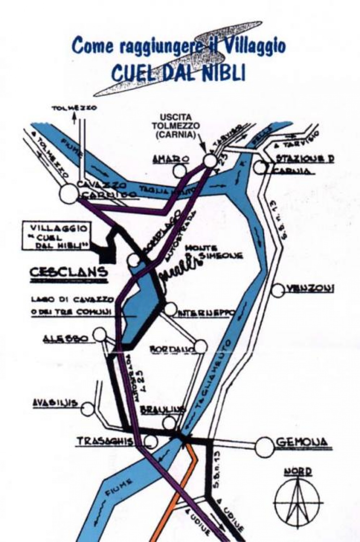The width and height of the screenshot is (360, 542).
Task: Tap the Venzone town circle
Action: coord(278,291)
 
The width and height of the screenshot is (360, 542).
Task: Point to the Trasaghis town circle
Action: coord(151,441)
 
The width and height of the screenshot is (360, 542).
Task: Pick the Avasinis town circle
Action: coord(87,409)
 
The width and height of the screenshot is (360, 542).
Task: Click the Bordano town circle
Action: coord(201,347)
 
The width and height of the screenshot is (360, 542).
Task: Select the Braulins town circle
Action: coord(169,422)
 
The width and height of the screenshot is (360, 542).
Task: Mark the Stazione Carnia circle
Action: coord(260,167)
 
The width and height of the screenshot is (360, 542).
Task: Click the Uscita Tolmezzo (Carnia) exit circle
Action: coord(209,160)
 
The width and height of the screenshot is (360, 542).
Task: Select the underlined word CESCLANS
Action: coord(68,272)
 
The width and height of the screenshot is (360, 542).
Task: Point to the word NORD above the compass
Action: coord(297,472)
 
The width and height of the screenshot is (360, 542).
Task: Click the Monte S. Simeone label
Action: coord(213,252)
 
